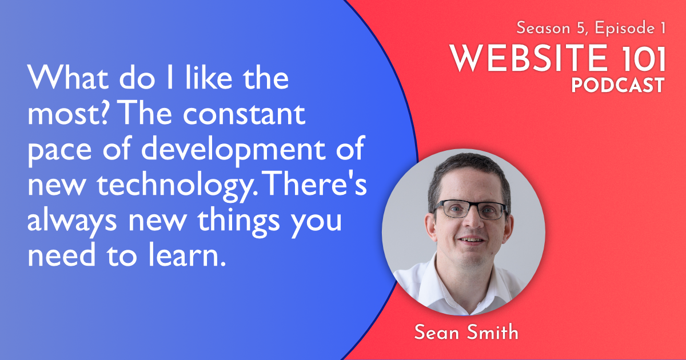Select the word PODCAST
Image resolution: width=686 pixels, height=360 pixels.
617,86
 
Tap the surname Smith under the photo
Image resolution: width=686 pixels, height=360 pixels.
493,333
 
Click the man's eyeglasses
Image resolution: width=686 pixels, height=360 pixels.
470,209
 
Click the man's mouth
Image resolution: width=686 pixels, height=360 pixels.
472,241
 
